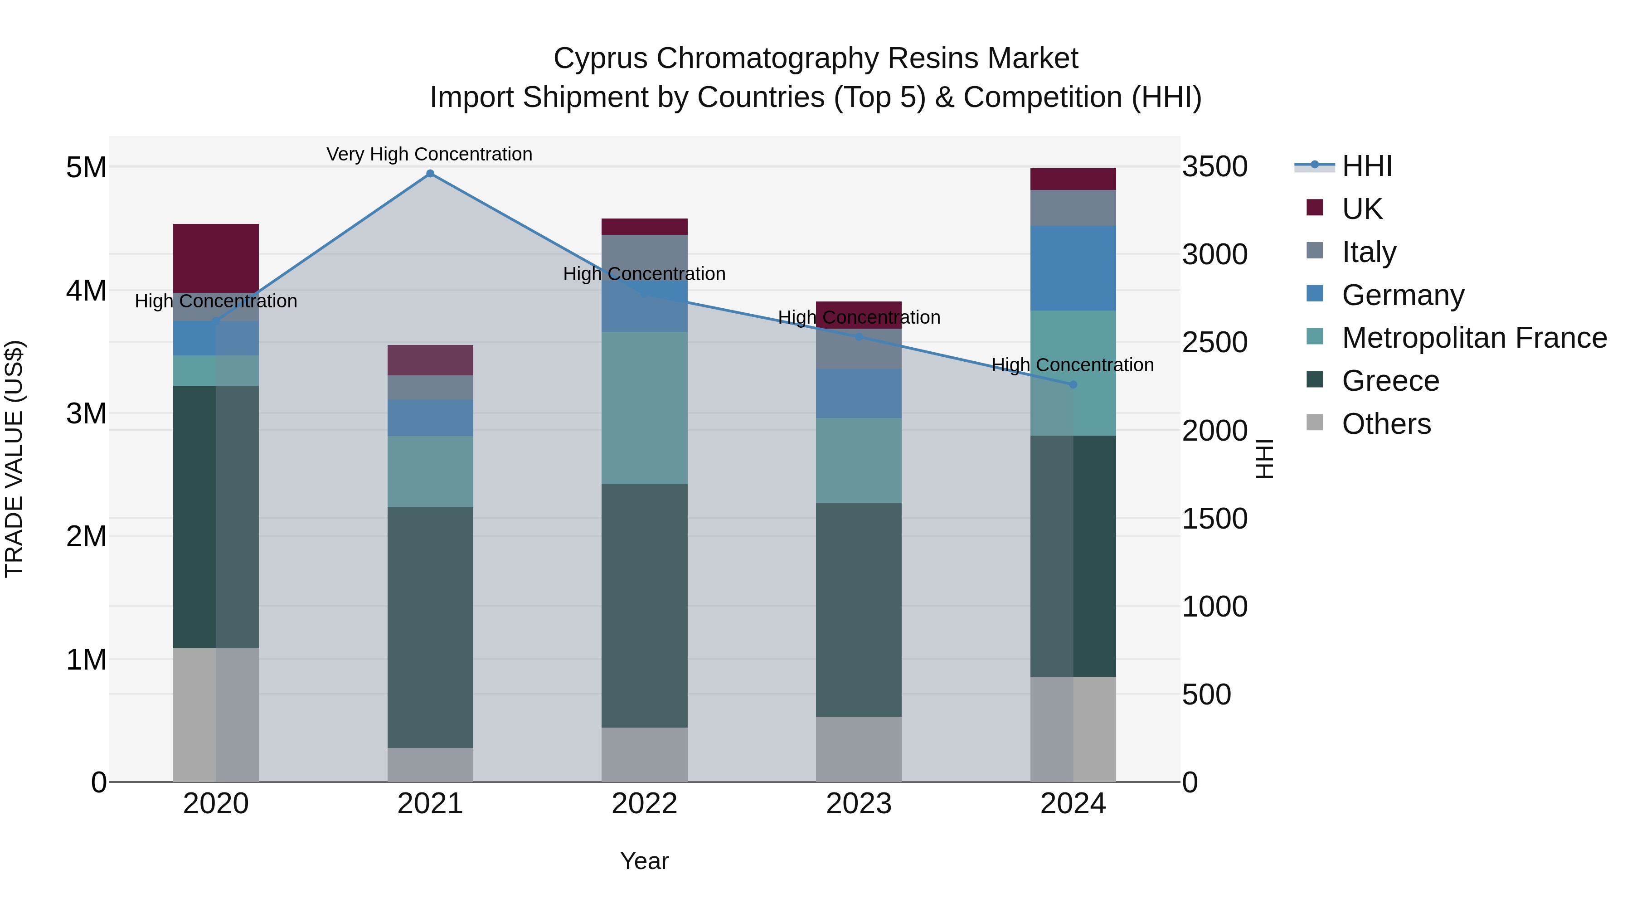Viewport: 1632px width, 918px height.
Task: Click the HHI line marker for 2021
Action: (430, 174)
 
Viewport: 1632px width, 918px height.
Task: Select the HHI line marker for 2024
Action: (1073, 384)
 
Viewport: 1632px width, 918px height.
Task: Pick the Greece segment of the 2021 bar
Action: (430, 627)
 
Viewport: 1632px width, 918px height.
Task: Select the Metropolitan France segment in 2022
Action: (644, 408)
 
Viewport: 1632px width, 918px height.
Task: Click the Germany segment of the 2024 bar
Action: (1073, 268)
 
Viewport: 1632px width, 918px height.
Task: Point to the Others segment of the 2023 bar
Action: (859, 749)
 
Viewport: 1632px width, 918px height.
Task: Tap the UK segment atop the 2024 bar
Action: (1073, 179)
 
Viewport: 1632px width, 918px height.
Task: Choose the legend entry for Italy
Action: (1369, 252)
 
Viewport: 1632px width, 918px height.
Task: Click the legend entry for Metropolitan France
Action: (1474, 338)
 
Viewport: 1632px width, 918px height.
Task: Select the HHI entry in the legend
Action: (1366, 166)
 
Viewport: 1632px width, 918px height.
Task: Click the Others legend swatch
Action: (1315, 423)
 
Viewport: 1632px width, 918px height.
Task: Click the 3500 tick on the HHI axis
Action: (1214, 167)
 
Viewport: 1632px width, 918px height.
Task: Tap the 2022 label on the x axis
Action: (644, 804)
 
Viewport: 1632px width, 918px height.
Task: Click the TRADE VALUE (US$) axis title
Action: (14, 459)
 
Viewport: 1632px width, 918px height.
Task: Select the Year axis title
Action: (644, 861)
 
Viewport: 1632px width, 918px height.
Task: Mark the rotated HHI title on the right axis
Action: (1264, 459)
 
